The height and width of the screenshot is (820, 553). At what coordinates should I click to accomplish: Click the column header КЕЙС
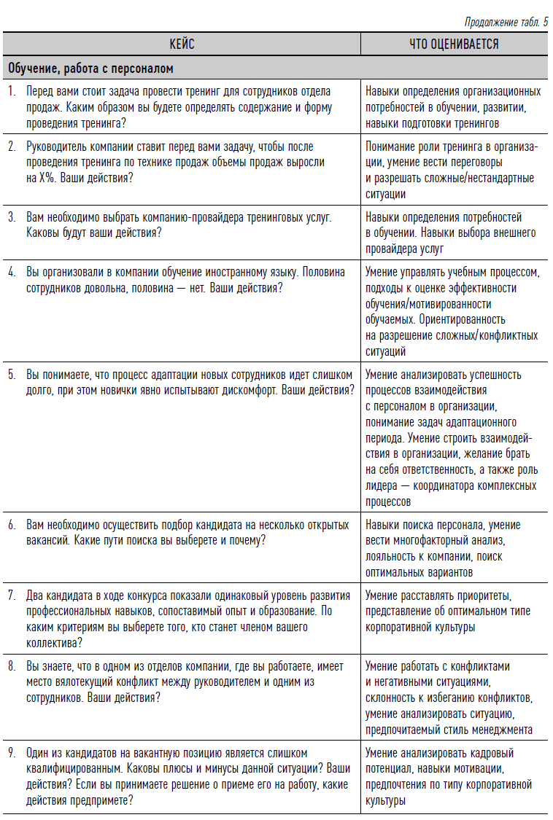[182, 44]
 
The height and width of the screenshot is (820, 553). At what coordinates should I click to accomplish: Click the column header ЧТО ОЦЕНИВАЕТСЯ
[454, 44]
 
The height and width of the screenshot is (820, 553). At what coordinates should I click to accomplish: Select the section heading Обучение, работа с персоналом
[90, 69]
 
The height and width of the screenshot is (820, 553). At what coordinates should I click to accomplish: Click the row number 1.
[11, 92]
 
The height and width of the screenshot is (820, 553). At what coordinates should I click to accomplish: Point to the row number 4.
[11, 273]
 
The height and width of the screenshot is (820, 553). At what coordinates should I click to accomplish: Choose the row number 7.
[11, 595]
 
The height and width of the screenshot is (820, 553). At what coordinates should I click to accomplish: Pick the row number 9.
[11, 752]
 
